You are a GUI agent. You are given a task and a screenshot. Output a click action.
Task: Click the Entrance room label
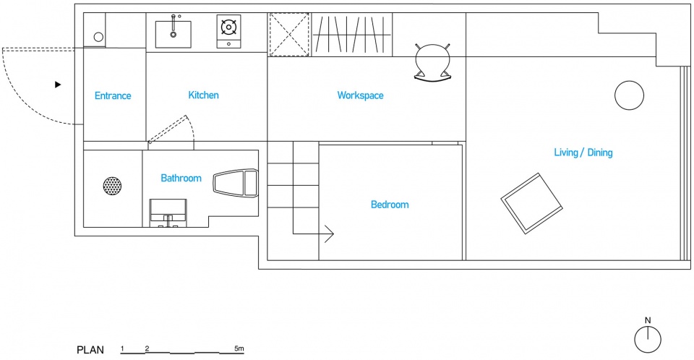113,95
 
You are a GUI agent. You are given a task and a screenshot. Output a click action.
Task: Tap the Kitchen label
204,95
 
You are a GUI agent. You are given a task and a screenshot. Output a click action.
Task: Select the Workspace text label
360,95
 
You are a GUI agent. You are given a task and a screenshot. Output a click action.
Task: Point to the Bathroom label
181,178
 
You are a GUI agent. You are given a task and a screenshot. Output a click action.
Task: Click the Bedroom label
390,205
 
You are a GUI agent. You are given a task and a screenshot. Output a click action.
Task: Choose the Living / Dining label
583,153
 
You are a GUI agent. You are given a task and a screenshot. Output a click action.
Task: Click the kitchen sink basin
173,34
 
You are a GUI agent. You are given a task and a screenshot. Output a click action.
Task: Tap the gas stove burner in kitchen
229,28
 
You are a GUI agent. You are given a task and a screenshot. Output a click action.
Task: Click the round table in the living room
629,95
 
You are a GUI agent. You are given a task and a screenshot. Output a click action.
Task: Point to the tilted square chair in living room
531,203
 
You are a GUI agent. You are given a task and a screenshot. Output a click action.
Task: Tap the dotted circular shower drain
113,186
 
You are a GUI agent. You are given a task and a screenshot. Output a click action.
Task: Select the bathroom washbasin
168,213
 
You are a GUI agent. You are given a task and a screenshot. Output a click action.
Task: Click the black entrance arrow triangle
58,85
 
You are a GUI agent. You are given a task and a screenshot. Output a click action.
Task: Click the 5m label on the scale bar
239,348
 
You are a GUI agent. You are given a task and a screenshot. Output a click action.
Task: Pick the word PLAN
90,350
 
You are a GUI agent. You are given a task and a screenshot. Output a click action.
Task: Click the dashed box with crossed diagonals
289,35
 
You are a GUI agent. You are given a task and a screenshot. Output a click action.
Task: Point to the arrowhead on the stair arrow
330,233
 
